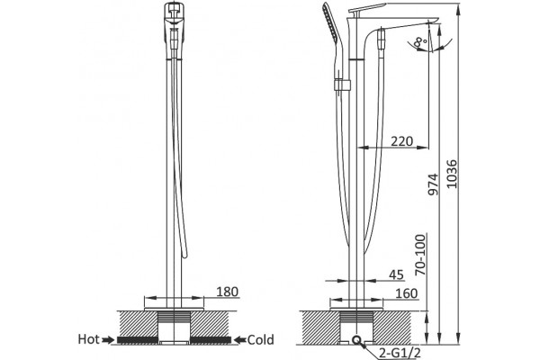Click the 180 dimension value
(x=228, y=292)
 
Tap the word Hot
(x=89, y=339)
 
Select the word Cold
(x=261, y=340)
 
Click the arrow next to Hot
(x=109, y=340)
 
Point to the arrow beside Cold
(x=239, y=340)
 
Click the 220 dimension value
(x=402, y=141)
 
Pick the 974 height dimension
(x=433, y=184)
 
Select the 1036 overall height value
(x=452, y=174)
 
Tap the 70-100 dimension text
(x=420, y=255)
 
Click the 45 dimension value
(x=396, y=274)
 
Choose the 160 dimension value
(x=407, y=293)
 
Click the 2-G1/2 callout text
(x=400, y=353)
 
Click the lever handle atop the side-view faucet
(x=367, y=8)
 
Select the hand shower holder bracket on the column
(x=342, y=85)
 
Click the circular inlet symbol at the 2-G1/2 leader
(x=356, y=340)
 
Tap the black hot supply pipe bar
(x=138, y=340)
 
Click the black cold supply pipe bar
(x=211, y=340)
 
